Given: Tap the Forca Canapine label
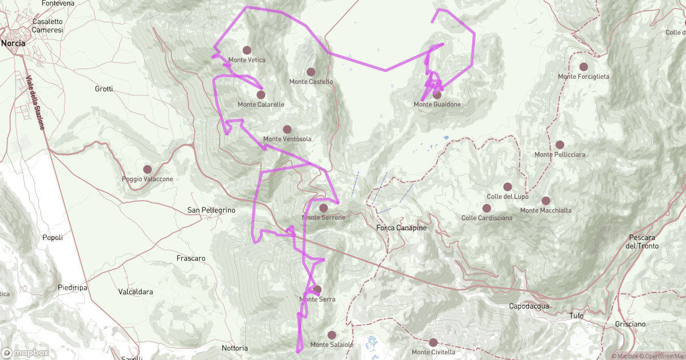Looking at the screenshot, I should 402,228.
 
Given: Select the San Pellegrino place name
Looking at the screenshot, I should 212,210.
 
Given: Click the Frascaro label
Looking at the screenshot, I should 191,258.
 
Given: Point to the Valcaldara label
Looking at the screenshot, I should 135,291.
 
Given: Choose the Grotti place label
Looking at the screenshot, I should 104,89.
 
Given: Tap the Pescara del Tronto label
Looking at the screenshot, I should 642,242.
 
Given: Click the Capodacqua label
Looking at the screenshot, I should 529,306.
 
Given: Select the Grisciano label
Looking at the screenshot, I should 631,324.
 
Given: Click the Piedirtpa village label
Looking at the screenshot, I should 73,287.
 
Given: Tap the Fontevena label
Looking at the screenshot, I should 58,3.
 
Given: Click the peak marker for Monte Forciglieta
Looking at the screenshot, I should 583,67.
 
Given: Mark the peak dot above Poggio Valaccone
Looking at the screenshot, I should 147,169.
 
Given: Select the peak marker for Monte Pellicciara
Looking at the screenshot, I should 560,145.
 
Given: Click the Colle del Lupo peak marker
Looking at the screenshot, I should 507,187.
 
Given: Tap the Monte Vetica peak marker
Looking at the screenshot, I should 247,50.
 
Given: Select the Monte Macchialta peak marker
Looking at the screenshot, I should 546,201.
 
